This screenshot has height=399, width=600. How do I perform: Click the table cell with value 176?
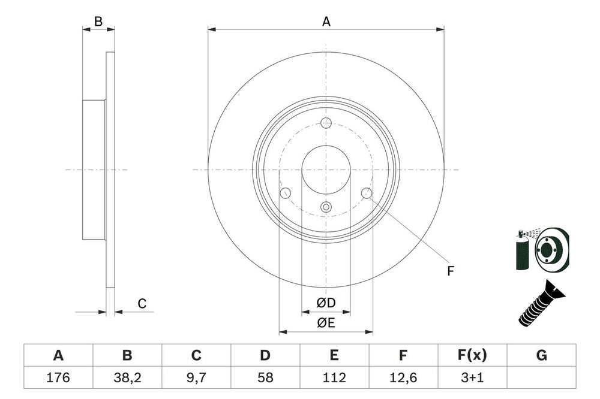point(58,378)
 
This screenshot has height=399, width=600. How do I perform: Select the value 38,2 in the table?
point(127,378)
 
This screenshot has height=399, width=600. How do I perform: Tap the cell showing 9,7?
point(196,378)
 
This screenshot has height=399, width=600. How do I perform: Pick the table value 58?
point(265,378)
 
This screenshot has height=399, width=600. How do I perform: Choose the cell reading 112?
point(334,378)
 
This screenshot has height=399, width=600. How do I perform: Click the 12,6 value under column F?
point(403,378)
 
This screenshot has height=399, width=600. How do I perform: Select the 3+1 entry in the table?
point(472,378)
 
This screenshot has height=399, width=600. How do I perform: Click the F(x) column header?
point(472,356)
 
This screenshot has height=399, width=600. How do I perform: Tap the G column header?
point(541,356)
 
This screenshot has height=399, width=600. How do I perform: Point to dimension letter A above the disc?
point(326,22)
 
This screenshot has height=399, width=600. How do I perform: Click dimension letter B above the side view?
point(98,22)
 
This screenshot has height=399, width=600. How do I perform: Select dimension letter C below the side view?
point(142,304)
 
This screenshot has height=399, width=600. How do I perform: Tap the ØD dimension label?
point(326,304)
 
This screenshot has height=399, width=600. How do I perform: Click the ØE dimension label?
point(326,324)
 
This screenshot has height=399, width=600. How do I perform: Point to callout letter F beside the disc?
point(450,271)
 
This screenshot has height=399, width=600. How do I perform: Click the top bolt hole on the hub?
point(326,123)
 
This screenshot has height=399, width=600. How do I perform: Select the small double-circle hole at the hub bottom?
point(326,207)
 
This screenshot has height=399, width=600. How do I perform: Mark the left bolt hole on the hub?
point(286,193)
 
